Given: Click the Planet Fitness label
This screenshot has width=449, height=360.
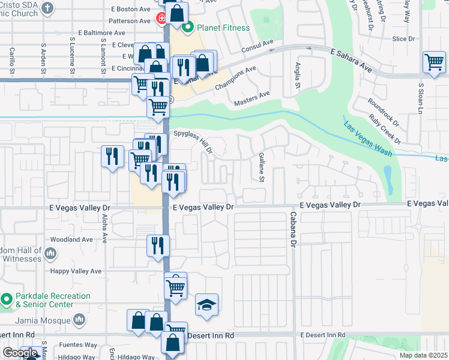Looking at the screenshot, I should point(220,26).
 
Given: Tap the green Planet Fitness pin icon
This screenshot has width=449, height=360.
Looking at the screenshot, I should point(188,26).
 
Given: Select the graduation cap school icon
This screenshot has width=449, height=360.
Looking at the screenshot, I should point(206,305).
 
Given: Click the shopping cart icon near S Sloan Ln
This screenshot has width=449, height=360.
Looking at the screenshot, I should point(433,61).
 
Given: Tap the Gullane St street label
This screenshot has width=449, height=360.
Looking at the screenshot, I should point(261,166).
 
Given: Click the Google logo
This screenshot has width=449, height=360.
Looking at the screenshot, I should point(19,353).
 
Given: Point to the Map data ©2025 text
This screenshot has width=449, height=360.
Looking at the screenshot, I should point(423,355).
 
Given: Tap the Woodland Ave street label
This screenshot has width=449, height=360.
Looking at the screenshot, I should point(72,239).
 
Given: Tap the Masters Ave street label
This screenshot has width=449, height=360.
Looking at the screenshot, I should point(253,94).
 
